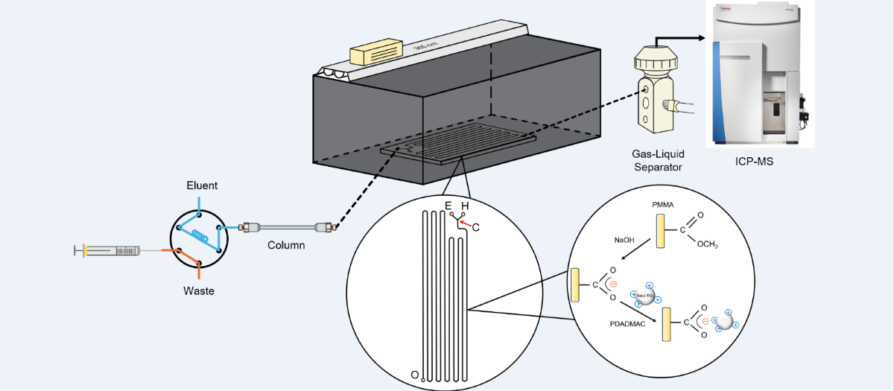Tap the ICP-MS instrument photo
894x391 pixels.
coord(758,74)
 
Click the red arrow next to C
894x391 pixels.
coord(466,222)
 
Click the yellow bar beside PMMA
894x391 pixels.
coord(660,231)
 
